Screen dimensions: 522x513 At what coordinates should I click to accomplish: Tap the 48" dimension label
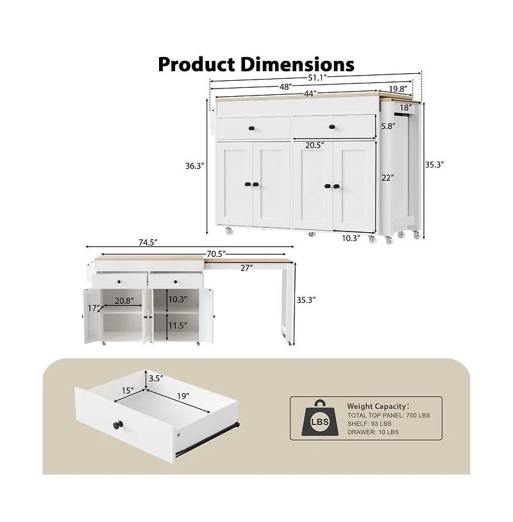click(x=286, y=86)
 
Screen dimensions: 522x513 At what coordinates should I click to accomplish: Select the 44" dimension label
click(x=311, y=94)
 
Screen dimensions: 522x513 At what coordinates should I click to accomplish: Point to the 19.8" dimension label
click(x=398, y=89)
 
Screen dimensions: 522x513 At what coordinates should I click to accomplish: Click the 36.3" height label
click(x=195, y=165)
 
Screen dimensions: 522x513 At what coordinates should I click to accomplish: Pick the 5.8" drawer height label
click(x=387, y=126)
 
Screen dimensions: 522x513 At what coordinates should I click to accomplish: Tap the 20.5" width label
click(x=314, y=146)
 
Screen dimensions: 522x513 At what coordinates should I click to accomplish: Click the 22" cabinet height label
click(x=387, y=178)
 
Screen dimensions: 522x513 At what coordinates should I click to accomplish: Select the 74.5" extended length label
click(x=147, y=242)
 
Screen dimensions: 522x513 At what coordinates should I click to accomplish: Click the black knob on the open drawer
click(x=119, y=424)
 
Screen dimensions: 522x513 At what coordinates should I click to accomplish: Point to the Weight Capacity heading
click(x=378, y=406)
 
